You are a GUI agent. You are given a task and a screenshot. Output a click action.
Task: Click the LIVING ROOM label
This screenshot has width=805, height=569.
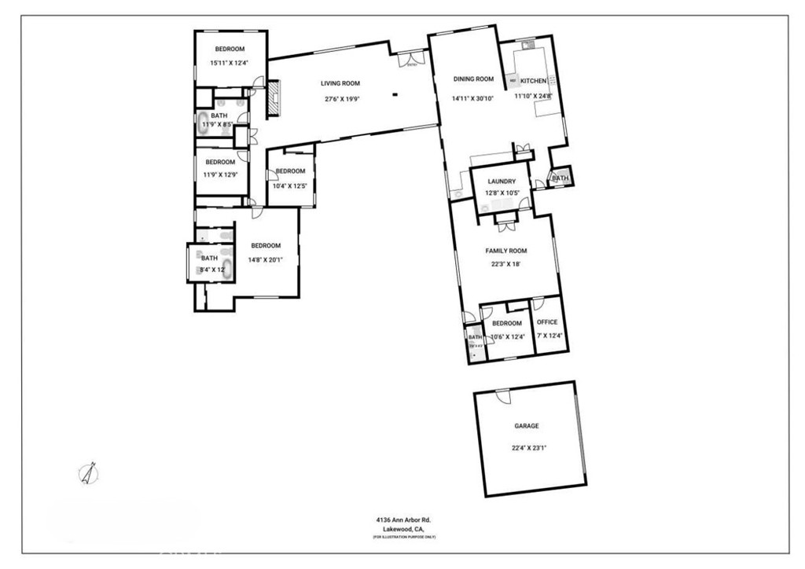click(340, 83)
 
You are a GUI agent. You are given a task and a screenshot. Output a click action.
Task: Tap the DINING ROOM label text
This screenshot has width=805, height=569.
click(473, 79)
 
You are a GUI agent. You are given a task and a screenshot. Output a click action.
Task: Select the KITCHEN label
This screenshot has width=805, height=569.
click(534, 81)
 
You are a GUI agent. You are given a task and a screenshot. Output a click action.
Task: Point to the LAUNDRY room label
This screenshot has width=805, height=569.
click(501, 181)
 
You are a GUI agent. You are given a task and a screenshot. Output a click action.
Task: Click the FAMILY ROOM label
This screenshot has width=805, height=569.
click(505, 251)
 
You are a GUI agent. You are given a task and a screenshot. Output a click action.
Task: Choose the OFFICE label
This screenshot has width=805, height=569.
click(547, 322)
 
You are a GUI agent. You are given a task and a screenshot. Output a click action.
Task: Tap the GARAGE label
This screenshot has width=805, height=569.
click(527, 426)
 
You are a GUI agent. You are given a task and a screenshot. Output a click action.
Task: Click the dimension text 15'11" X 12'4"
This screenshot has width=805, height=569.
click(229, 63)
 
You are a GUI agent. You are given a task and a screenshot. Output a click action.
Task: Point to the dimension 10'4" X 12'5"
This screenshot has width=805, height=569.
click(290, 185)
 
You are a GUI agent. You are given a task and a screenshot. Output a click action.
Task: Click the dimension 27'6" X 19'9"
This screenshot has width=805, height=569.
click(340, 99)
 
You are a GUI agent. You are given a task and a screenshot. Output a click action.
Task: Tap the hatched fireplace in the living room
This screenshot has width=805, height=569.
click(274, 98)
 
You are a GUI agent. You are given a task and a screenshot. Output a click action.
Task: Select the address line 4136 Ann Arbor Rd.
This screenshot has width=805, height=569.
click(403, 519)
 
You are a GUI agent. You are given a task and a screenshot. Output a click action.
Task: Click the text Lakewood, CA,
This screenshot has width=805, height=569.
click(403, 529)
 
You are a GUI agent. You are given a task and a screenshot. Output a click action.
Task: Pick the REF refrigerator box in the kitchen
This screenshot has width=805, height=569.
click(513, 80)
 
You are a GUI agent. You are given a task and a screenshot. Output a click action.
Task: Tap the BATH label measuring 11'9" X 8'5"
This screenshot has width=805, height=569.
click(219, 116)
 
